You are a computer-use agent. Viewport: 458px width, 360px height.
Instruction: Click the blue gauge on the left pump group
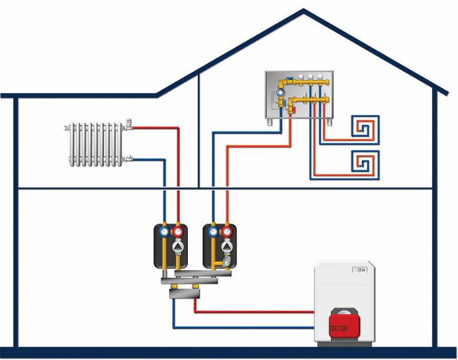click(165, 232)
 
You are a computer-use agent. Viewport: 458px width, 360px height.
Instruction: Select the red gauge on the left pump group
click(179, 232)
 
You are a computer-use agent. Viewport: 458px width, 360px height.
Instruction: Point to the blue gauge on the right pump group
click(214, 232)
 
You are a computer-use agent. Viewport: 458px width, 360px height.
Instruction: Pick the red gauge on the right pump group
click(228, 232)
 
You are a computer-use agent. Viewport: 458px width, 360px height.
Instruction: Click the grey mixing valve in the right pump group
click(228, 263)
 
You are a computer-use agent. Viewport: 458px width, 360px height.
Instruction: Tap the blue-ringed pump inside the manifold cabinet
click(282, 90)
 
